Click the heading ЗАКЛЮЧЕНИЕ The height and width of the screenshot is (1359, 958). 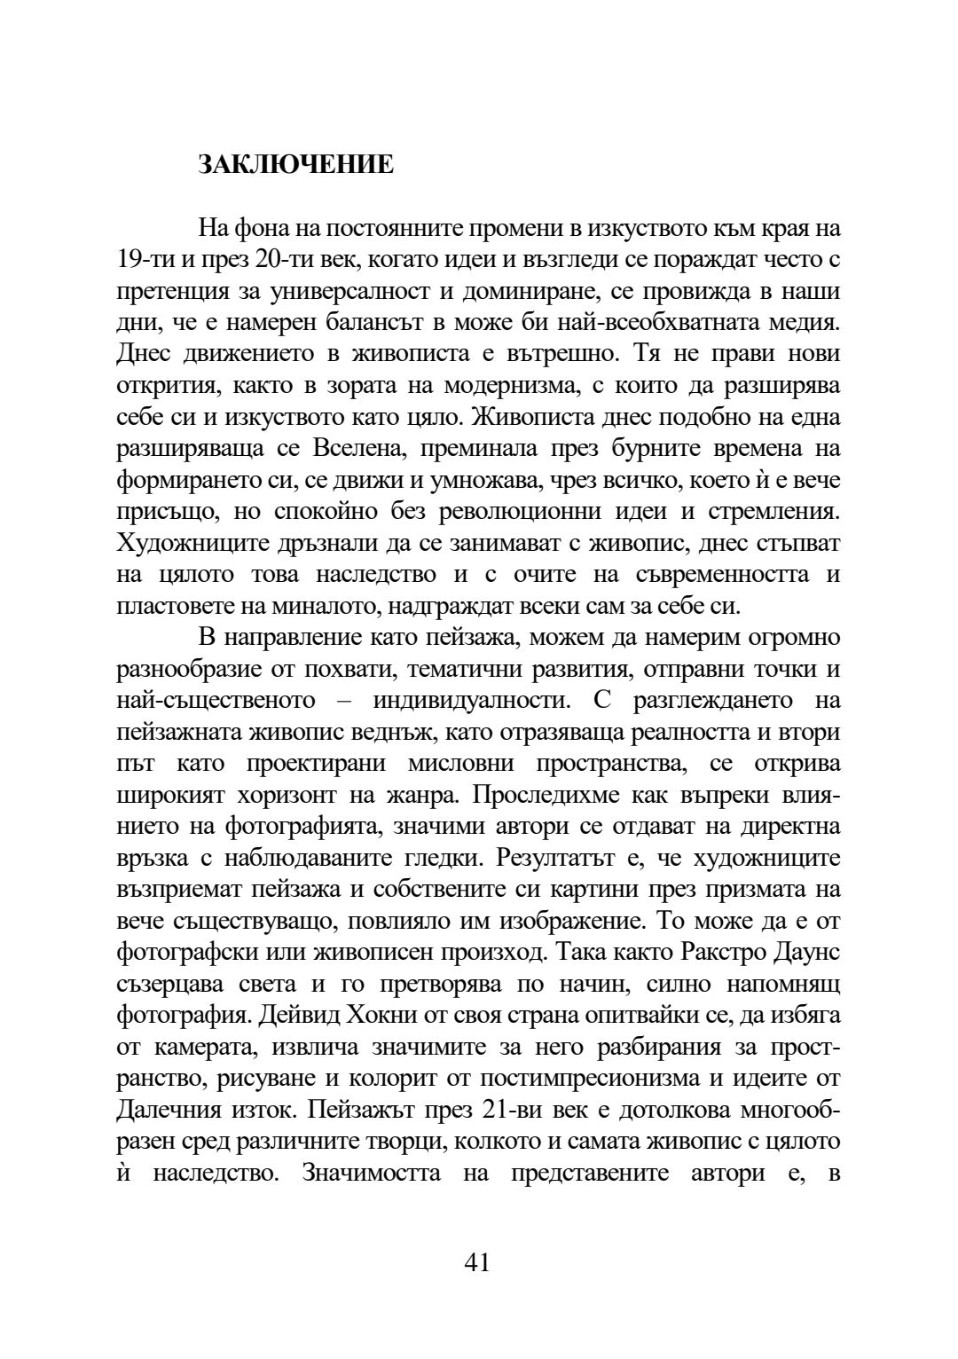pyautogui.click(x=295, y=165)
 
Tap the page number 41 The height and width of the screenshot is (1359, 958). pyautogui.click(x=477, y=1261)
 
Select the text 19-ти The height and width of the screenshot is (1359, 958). pyautogui.click(x=139, y=260)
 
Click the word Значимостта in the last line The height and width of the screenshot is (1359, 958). pyautogui.click(x=372, y=1173)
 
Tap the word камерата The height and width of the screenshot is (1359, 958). pyautogui.click(x=197, y=1047)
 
